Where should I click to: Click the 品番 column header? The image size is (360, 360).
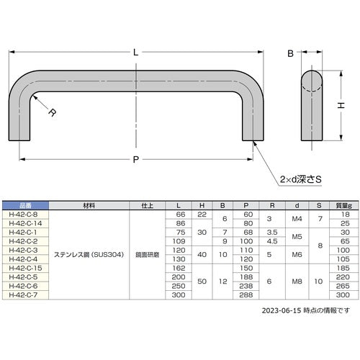(24, 205)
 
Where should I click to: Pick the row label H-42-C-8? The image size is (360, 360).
(24, 214)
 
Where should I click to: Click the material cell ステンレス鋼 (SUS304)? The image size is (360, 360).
(89, 253)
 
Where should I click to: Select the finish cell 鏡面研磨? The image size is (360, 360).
(148, 253)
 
